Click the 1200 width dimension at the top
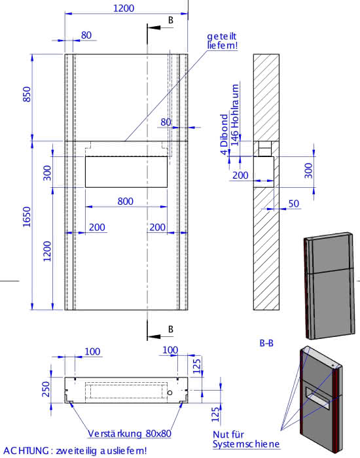click(x=124, y=8)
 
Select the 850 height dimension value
click(x=27, y=94)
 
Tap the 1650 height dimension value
click(x=27, y=217)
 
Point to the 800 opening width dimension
click(x=126, y=202)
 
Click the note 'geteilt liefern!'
click(x=222, y=41)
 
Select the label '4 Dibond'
click(x=224, y=134)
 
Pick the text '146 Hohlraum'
click(x=235, y=114)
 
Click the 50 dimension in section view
click(x=294, y=203)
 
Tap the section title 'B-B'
click(x=266, y=343)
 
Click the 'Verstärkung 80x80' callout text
click(x=130, y=433)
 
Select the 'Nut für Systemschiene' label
click(x=246, y=439)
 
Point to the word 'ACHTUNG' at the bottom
click(x=25, y=451)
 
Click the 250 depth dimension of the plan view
click(x=46, y=389)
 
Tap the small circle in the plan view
click(x=170, y=393)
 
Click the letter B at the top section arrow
click(x=171, y=20)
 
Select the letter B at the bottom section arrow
click(x=171, y=329)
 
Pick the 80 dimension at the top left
click(x=86, y=35)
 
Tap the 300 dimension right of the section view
click(x=308, y=171)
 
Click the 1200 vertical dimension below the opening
click(x=46, y=251)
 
